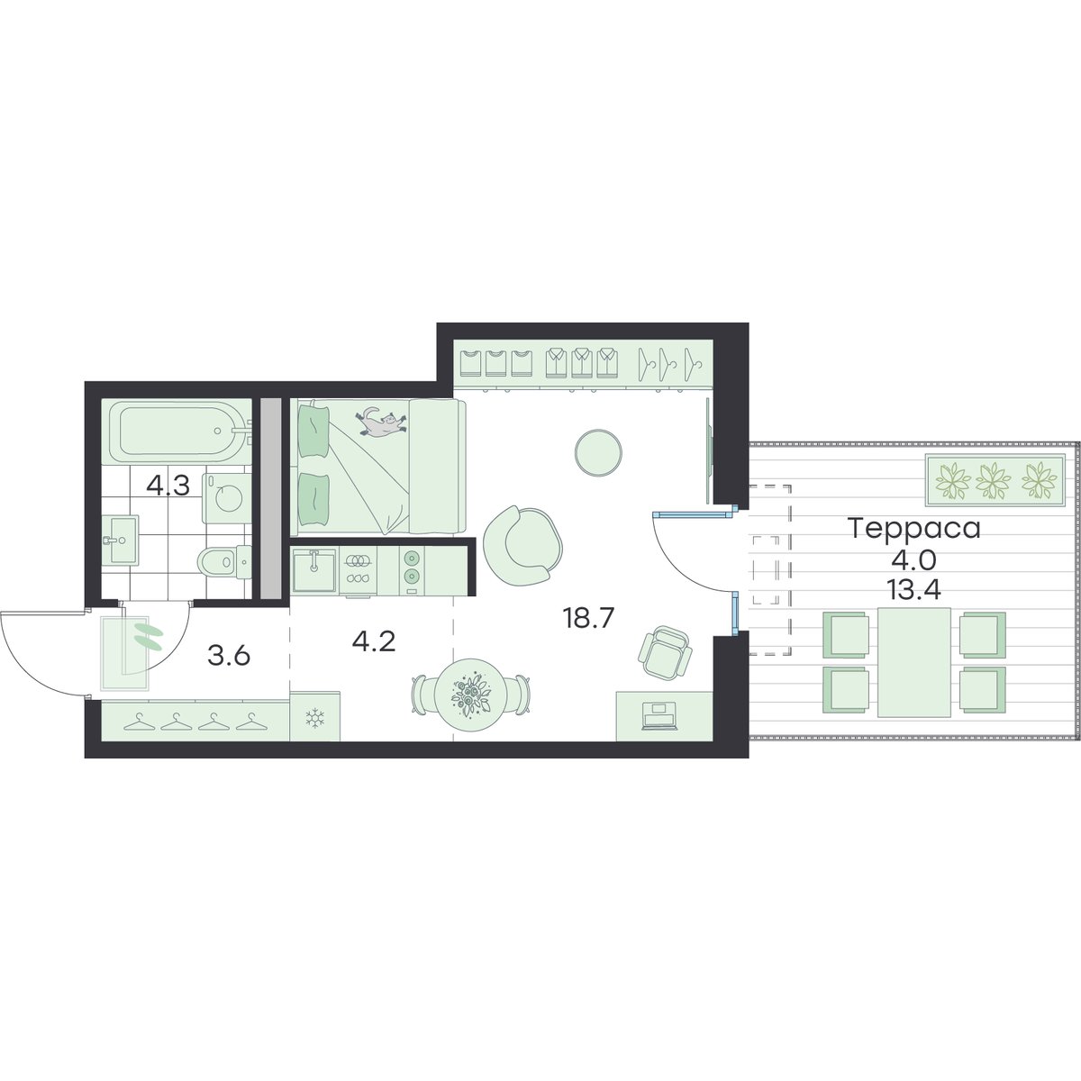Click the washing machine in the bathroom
point(227,497)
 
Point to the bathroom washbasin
point(120,540)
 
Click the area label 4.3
point(168,486)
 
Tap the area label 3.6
point(228,656)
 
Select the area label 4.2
point(374,641)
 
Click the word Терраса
point(915,529)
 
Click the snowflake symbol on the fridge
point(314,717)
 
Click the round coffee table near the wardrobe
point(598,453)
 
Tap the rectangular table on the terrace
point(913,662)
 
